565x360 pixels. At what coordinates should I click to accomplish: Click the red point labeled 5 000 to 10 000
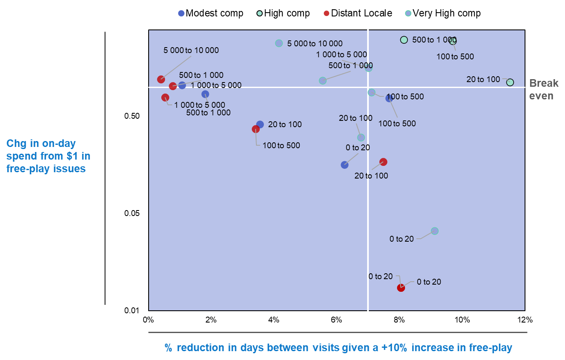161,80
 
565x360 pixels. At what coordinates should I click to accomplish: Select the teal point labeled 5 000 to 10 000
279,43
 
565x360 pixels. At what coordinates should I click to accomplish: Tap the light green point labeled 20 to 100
510,82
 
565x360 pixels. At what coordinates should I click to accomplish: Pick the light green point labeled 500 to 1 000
404,40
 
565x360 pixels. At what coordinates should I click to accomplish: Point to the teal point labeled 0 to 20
434,231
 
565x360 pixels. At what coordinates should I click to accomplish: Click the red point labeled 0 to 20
401,288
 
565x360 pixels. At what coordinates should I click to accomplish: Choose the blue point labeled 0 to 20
344,165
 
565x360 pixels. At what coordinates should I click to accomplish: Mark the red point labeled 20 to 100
383,162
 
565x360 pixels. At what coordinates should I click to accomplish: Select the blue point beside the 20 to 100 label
260,124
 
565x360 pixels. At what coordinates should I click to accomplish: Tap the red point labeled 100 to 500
256,129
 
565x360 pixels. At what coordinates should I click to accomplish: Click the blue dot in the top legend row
181,13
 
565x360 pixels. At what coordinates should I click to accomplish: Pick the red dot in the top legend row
326,13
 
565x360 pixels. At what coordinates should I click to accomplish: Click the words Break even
544,89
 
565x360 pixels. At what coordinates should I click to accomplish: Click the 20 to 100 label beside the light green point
483,79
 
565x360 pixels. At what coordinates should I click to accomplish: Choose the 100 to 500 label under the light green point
455,56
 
